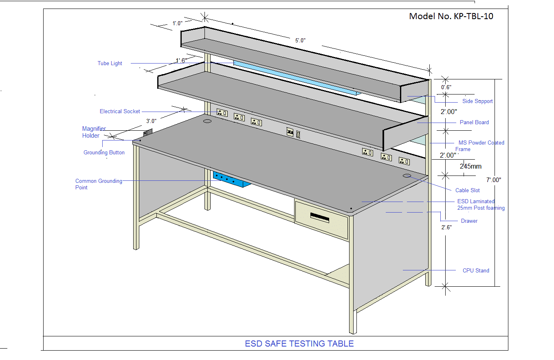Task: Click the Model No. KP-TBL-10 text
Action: (451, 16)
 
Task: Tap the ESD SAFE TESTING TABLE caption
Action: (299, 344)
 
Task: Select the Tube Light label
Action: (110, 63)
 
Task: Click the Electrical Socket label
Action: (120, 111)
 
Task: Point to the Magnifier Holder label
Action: (94, 132)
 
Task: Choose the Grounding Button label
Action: (104, 153)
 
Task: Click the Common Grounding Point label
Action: (99, 184)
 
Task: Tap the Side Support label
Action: (477, 101)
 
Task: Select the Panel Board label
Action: (474, 123)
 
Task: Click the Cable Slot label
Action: (468, 191)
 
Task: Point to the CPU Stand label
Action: (476, 270)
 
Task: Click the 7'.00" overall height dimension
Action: (494, 180)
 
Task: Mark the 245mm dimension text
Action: (470, 167)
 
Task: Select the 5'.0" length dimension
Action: (300, 40)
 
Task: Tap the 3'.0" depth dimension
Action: (151, 121)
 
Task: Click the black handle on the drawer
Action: (319, 217)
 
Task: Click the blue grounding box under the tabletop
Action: (231, 180)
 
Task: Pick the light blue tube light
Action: (297, 78)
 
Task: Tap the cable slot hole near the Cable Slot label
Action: (407, 176)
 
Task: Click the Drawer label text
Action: (469, 221)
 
